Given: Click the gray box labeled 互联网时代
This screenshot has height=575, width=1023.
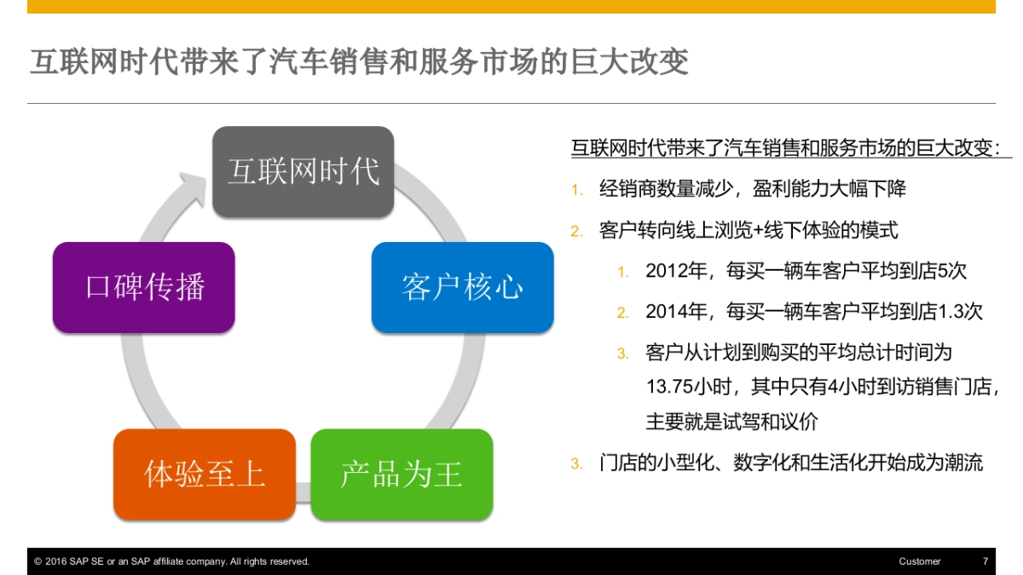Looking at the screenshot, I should pos(303,172).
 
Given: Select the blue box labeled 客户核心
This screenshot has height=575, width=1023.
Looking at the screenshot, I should pos(462,287).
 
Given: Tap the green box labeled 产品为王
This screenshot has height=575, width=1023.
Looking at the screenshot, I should pos(402,474).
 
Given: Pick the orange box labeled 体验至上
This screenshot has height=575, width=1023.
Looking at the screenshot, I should pos(205,474).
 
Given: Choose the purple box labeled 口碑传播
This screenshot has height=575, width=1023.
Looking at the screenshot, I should pos(144,287).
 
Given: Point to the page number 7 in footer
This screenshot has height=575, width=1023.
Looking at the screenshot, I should pos(985,561).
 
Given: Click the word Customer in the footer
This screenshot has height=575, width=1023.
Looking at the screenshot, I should pos(919,561).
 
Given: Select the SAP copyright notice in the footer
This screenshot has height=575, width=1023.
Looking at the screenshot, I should pos(171,561).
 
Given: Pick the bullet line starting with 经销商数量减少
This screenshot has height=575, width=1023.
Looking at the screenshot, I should pos(752,189).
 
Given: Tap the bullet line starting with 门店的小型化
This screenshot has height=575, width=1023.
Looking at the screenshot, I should pos(790,463).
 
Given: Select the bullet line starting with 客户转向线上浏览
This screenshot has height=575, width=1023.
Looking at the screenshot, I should pos(748,230).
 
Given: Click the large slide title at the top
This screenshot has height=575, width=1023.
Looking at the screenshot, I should pos(359,62).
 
